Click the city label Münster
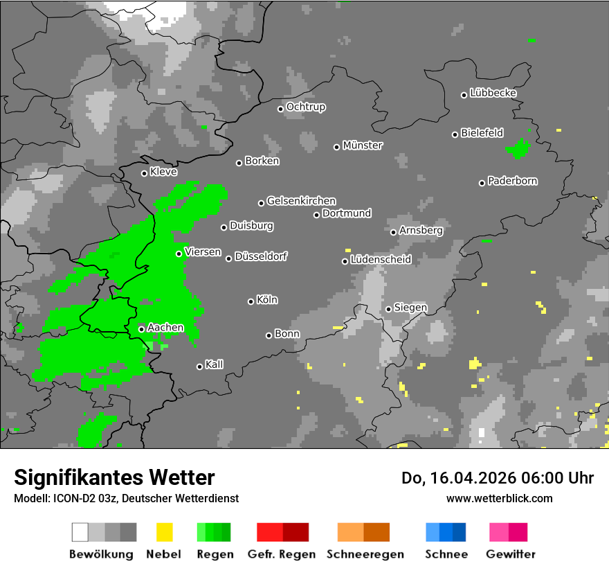tap(363, 145)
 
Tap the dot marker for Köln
tap(251, 301)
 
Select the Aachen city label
tap(165, 328)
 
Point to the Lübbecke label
tap(493, 93)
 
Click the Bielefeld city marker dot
tap(455, 134)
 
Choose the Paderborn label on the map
tap(512, 182)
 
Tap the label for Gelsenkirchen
tap(301, 201)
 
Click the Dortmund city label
tap(347, 213)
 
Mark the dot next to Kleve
tap(145, 173)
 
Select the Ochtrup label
tap(305, 107)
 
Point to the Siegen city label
tap(410, 308)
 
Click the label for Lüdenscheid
tap(381, 260)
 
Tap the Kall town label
tap(214, 364)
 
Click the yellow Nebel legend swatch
tap(164, 532)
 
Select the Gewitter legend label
tap(510, 554)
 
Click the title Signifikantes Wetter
tap(114, 477)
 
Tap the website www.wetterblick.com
tap(499, 498)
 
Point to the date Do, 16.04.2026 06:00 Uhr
tap(497, 478)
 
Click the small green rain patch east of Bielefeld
tap(518, 148)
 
